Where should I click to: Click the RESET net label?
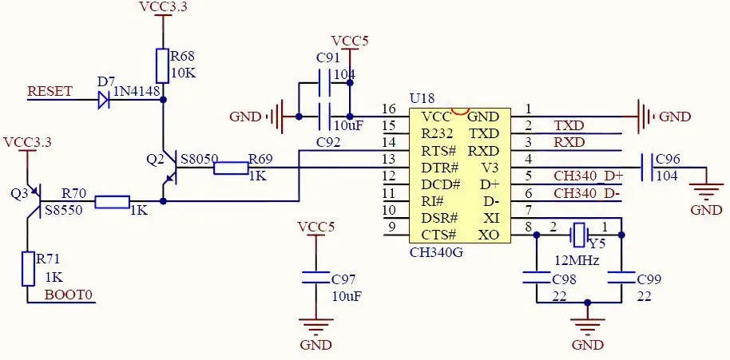pyautogui.click(x=50, y=91)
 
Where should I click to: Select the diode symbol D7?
pyautogui.click(x=104, y=100)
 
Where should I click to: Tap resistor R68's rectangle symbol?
pyautogui.click(x=162, y=65)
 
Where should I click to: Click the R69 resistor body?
pyautogui.click(x=231, y=168)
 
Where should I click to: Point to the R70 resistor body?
pyautogui.click(x=112, y=201)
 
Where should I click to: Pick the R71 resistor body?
pyautogui.click(x=29, y=269)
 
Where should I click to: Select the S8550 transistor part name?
pyautogui.click(x=63, y=210)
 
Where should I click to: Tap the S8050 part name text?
pyautogui.click(x=199, y=159)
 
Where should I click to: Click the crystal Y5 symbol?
pyautogui.click(x=579, y=235)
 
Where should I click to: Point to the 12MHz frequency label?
pyautogui.click(x=577, y=260)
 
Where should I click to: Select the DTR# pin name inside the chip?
pyautogui.click(x=440, y=168)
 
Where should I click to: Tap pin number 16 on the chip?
pyautogui.click(x=388, y=109)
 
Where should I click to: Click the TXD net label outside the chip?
pyautogui.click(x=569, y=125)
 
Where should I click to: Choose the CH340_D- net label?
pyautogui.click(x=586, y=193)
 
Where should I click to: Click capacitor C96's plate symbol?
pyautogui.click(x=647, y=168)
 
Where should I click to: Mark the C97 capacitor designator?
pyautogui.click(x=343, y=279)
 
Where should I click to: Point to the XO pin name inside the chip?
pyautogui.click(x=488, y=235)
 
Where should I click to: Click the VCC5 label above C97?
pyautogui.click(x=316, y=227)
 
